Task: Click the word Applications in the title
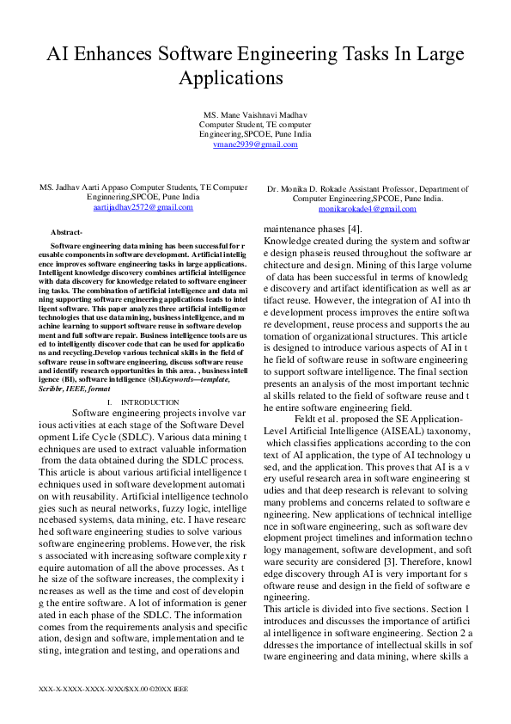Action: click(x=231, y=77)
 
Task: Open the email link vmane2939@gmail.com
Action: click(x=256, y=144)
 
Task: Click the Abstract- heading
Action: click(x=66, y=233)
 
